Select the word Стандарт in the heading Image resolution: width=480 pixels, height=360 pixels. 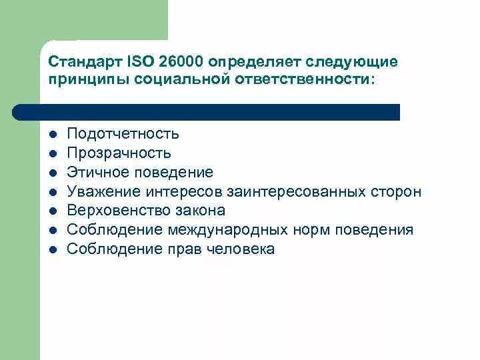(x=85, y=62)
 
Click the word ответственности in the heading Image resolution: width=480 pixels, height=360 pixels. (x=303, y=79)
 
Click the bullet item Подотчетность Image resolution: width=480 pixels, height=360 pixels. (x=123, y=134)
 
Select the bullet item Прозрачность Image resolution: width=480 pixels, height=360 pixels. (x=119, y=153)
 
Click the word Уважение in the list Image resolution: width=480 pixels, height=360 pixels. (x=99, y=192)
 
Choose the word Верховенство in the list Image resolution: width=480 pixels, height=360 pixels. (x=113, y=211)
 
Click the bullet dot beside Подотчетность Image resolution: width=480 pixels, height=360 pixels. (x=53, y=134)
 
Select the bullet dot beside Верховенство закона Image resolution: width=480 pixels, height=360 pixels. (x=53, y=211)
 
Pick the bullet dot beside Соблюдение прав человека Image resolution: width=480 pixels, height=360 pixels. (x=53, y=249)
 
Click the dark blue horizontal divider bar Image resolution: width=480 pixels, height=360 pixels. (x=207, y=112)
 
